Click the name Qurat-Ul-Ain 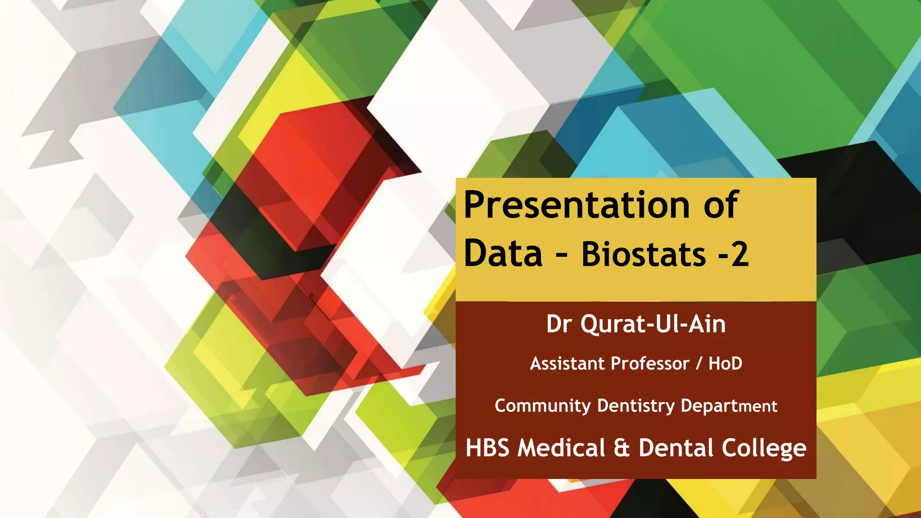(x=653, y=324)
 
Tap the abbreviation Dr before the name (x=559, y=324)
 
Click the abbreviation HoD (x=725, y=364)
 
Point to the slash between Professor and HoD (x=699, y=364)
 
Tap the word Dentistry (x=636, y=406)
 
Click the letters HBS (x=487, y=448)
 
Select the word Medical (x=561, y=448)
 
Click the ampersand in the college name (x=621, y=448)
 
